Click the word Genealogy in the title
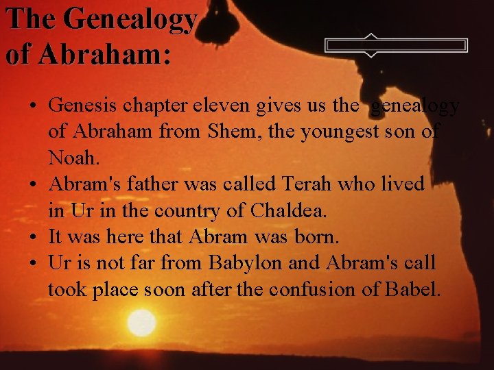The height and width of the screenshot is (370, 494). [130, 19]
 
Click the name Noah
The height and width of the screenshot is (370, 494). [73, 158]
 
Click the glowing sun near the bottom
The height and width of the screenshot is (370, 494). [142, 322]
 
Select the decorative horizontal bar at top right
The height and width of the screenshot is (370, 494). [397, 46]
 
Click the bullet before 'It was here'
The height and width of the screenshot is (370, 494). [33, 238]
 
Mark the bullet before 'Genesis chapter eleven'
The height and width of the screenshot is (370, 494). [33, 107]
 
